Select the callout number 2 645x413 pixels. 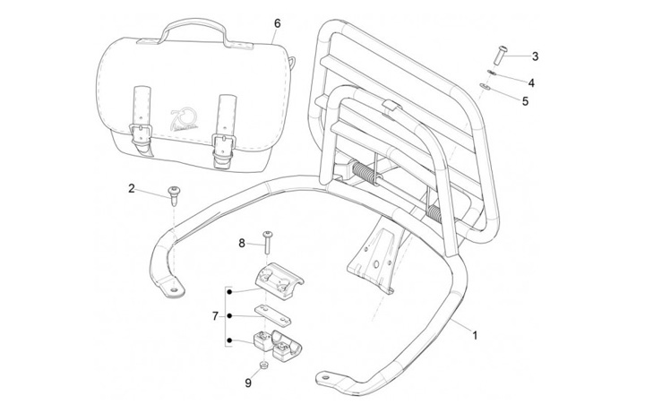132,188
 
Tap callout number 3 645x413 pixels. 535,56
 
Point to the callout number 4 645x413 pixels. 531,82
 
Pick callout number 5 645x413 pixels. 526,101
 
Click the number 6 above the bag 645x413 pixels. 277,22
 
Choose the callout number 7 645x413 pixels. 215,316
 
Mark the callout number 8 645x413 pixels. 241,243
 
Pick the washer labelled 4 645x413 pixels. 492,73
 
